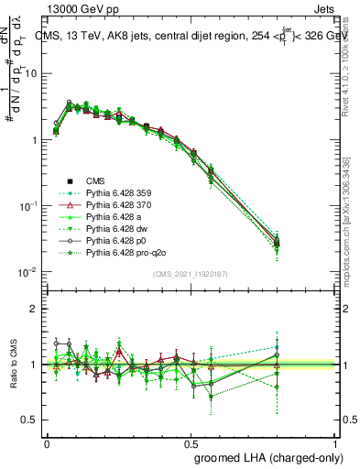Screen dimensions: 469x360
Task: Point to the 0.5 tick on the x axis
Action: (x=191, y=442)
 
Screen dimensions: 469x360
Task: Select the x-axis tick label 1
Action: (x=335, y=442)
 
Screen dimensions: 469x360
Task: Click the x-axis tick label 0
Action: (x=46, y=442)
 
